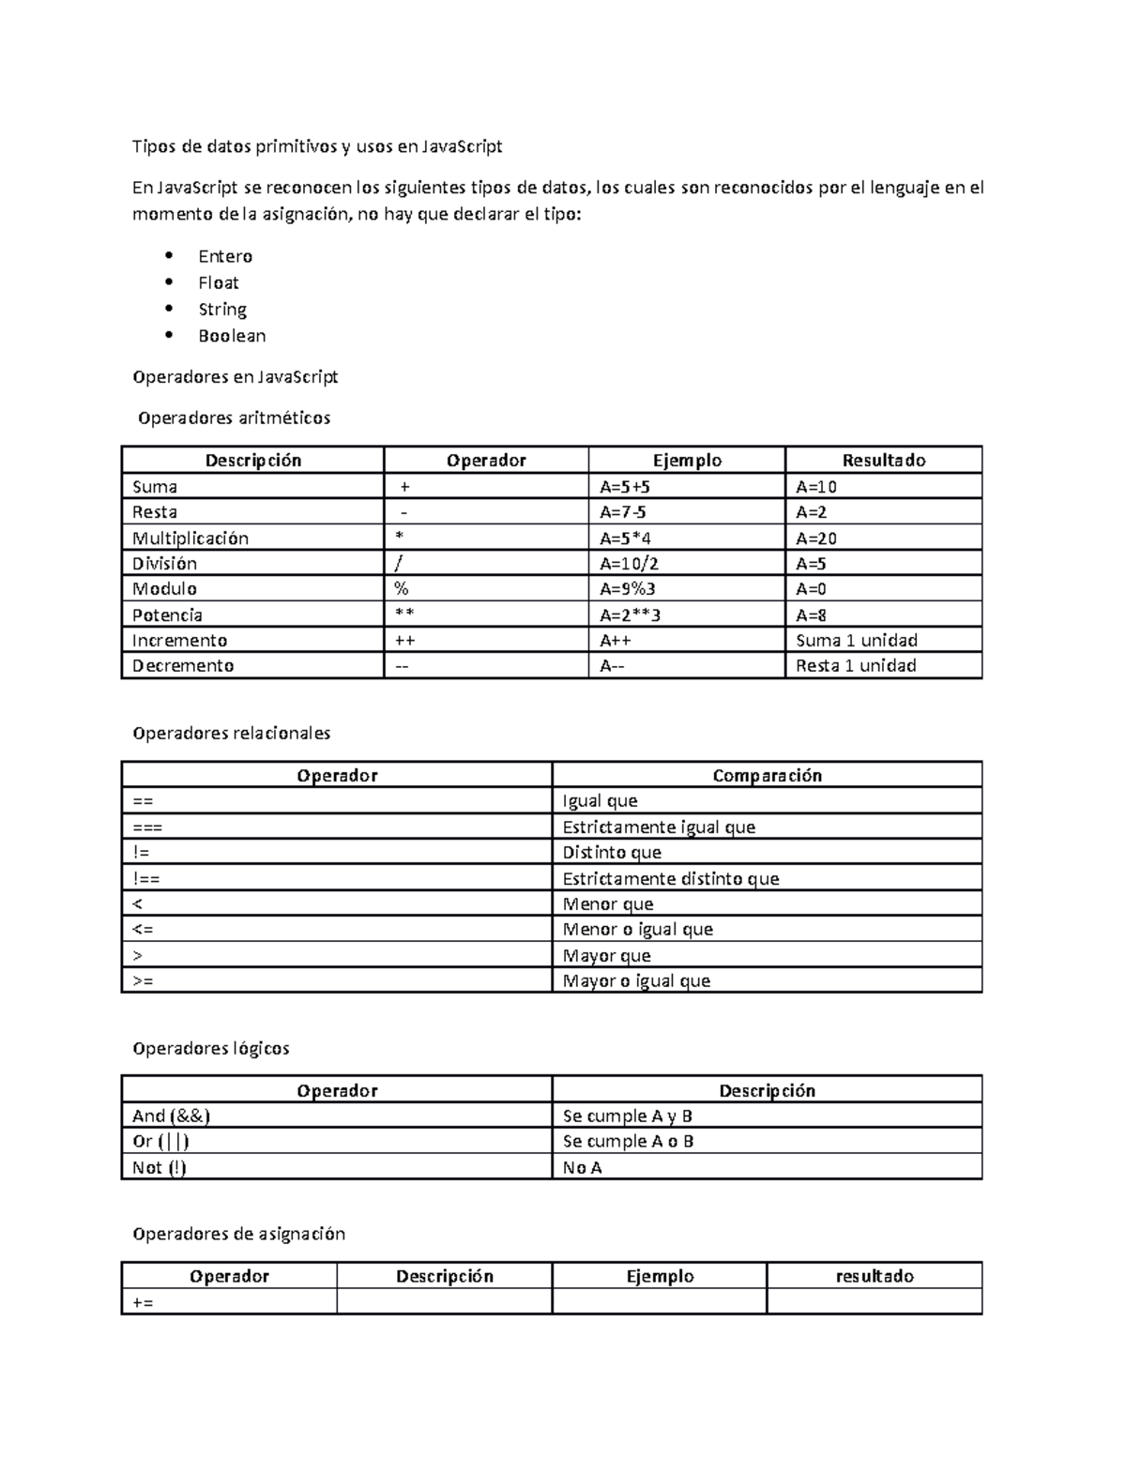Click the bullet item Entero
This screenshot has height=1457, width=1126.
225,256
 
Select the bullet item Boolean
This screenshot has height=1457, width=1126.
232,336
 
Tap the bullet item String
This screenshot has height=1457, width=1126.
222,310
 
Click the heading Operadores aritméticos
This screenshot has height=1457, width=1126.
234,417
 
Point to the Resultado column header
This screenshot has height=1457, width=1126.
883,460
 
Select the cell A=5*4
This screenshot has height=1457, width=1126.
626,538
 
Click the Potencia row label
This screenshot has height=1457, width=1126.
167,615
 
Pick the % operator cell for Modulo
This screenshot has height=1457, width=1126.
403,589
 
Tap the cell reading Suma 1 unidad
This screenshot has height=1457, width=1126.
856,640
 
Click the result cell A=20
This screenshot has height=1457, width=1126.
816,538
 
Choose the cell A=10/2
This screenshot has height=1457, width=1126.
630,563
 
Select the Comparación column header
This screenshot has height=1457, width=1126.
767,775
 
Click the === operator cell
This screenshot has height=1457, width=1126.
147,827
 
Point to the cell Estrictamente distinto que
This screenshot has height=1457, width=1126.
670,878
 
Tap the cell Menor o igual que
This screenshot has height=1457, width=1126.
637,929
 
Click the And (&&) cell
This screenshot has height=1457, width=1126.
171,1116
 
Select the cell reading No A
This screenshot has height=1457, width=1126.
582,1167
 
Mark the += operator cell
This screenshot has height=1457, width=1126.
144,1302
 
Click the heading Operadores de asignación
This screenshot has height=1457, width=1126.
239,1234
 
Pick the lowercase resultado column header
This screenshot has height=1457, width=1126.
875,1276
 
